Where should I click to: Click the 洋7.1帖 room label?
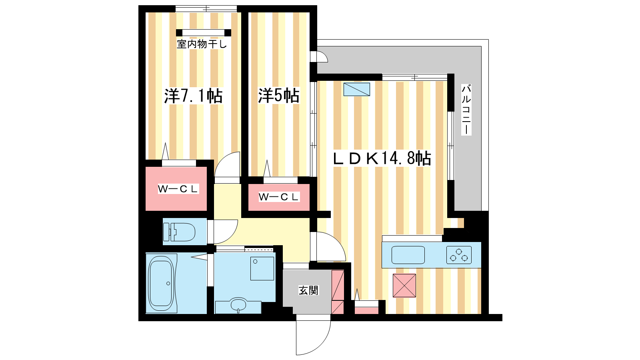tap(193, 96)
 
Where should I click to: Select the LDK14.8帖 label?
tap(382, 158)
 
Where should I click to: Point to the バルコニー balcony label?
tap(466, 110)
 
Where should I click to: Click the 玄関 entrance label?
tap(308, 290)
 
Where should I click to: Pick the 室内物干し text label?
tap(202, 44)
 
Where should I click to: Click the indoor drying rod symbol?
tap(204, 32)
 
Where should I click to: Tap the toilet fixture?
tap(179, 232)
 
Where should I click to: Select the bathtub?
tap(161, 284)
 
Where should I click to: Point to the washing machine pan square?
tap(262, 268)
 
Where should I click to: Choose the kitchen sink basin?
tap(408, 255)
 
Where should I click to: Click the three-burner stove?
tap(459, 255)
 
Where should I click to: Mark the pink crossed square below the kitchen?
tap(404, 286)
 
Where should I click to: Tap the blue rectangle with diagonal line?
tap(356, 90)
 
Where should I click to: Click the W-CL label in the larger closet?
tap(178, 189)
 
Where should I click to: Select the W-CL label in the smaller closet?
tap(279, 197)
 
